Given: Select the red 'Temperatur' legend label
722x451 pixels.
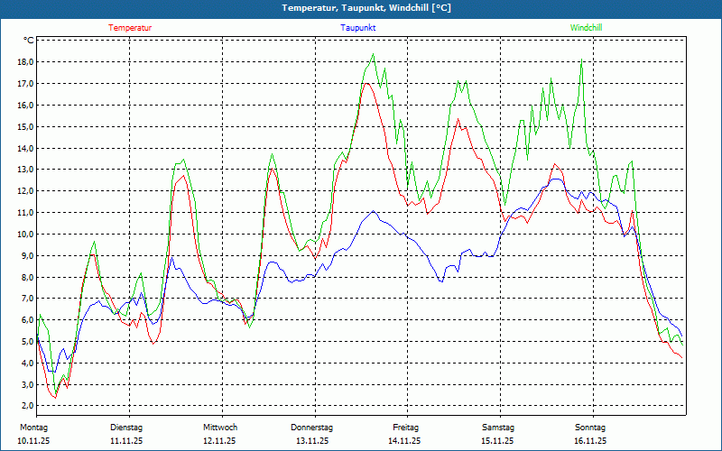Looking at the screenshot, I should click(x=130, y=28).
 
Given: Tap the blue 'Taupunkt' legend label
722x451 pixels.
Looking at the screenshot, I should click(x=358, y=28).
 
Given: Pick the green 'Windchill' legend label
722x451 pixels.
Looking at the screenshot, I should click(x=587, y=28).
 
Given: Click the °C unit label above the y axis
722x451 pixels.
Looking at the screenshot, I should click(x=29, y=41).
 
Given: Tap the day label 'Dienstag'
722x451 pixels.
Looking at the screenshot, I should click(x=126, y=428).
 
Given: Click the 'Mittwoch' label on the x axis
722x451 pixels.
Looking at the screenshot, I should click(x=220, y=428).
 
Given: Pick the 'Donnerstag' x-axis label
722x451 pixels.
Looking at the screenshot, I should click(x=312, y=428).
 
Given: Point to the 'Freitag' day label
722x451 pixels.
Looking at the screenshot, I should click(x=406, y=428).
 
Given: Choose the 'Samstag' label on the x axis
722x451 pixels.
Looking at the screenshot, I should click(x=498, y=428).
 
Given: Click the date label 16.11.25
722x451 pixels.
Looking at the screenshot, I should click(x=590, y=441).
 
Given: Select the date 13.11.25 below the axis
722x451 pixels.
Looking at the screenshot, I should click(x=312, y=441).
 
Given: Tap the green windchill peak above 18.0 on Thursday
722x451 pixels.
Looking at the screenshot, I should click(x=373, y=54).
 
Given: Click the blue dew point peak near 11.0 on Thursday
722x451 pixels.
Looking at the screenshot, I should click(x=374, y=212).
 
